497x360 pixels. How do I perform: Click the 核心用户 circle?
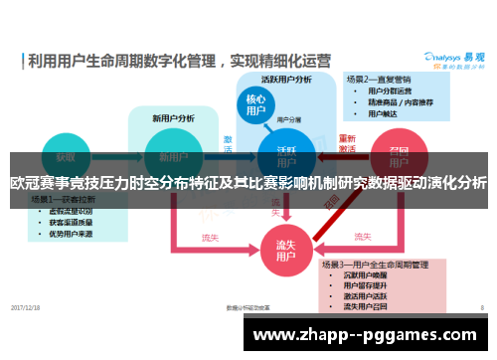[256, 106]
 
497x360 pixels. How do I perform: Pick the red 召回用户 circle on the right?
[398, 156]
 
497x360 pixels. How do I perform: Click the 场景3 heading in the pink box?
[374, 266]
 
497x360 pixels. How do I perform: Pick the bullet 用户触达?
[384, 113]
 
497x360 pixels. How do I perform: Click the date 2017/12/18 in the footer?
[27, 306]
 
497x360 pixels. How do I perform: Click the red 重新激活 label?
[347, 143]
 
